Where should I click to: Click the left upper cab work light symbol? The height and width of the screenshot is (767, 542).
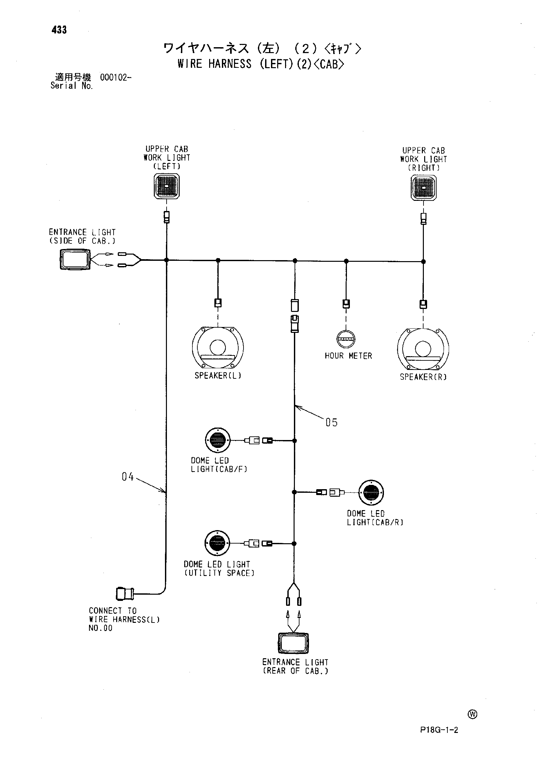[x=167, y=186]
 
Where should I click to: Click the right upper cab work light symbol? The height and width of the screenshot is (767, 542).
[x=424, y=187]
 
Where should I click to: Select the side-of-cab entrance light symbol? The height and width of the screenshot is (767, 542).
[x=75, y=259]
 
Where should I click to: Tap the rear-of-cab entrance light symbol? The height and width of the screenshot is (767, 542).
[x=293, y=643]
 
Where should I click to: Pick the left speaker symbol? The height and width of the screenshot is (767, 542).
[x=218, y=347]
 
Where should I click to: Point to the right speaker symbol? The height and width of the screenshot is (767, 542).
[x=423, y=349]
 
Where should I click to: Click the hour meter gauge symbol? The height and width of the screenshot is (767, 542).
[x=346, y=339]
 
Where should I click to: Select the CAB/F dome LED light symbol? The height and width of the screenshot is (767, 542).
[x=218, y=440]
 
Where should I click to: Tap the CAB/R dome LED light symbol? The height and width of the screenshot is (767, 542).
[x=371, y=492]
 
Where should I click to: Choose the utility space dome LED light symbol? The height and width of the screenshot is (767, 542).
[x=217, y=543]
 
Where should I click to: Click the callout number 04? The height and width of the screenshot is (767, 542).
[x=128, y=477]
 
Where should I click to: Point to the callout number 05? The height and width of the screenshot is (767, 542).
[x=332, y=422]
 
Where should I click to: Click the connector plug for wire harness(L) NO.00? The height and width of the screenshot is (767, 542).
[x=125, y=594]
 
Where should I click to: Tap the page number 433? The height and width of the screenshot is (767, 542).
[x=59, y=30]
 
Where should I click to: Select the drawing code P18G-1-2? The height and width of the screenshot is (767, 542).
[x=439, y=730]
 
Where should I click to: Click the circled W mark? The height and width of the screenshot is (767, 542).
[x=473, y=714]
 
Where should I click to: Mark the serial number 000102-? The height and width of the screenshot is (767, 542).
[x=116, y=78]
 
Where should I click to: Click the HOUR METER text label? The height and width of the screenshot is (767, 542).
[x=349, y=356]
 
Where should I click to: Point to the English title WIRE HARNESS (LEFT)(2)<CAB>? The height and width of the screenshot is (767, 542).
[x=261, y=64]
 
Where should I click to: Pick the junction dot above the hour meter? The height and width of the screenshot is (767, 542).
[x=346, y=261]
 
